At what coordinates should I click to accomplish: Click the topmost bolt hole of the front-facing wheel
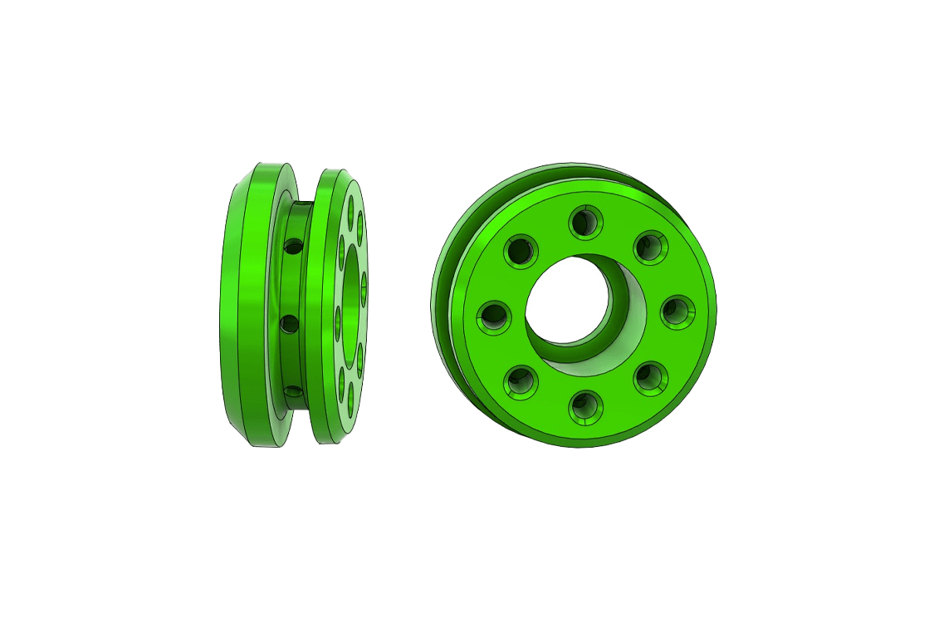point(584,223)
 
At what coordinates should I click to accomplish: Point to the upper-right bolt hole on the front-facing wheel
point(650,247)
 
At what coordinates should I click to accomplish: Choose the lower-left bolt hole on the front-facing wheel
point(521,380)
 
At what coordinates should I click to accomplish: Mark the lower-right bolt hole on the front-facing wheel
point(649,379)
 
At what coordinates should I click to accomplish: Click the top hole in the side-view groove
point(292,246)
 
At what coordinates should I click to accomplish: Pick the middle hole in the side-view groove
point(291,322)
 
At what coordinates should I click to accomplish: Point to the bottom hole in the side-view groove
point(291,390)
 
